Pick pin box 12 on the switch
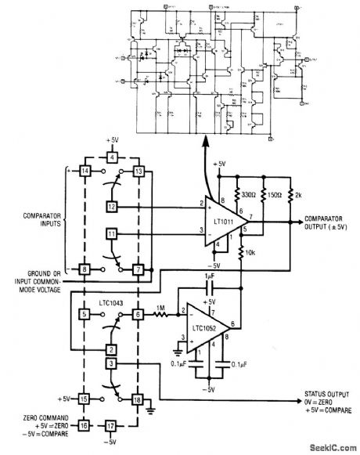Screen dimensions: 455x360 click(111, 206)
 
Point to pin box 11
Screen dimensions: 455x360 click(111, 234)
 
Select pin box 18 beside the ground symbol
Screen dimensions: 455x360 click(139, 400)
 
